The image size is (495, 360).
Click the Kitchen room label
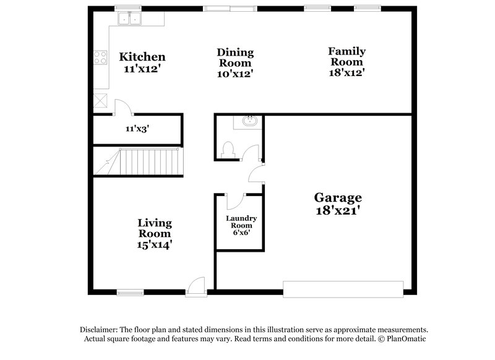142,58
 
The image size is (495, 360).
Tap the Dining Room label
235,58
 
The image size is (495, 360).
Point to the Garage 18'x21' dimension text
338,210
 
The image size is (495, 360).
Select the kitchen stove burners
99,58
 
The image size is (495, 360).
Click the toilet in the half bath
227,148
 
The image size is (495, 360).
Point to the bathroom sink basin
250,121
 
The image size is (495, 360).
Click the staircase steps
148,162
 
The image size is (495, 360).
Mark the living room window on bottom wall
130,290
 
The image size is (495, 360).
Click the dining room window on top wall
230,9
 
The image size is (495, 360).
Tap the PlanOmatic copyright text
402,339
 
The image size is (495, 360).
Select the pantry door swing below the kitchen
122,108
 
